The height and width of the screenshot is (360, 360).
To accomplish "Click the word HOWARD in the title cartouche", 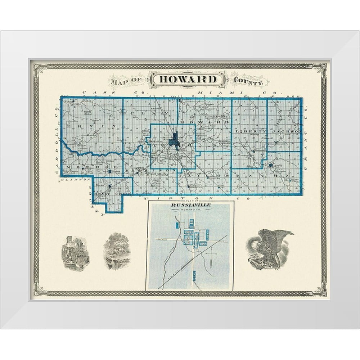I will tap(188, 79).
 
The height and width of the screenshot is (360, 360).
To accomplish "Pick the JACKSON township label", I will tap(286, 132).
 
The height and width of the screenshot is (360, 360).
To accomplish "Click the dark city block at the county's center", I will tap(175, 139).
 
